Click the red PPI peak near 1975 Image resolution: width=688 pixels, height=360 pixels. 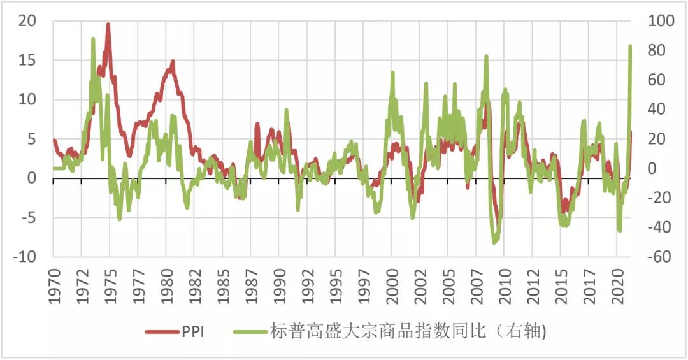108,24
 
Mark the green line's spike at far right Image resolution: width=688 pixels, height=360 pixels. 630,46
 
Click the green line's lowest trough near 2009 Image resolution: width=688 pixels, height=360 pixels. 494,242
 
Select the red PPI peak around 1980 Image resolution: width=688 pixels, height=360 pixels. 172,62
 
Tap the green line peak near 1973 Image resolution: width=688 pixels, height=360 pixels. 93,39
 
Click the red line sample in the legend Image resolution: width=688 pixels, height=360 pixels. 162,331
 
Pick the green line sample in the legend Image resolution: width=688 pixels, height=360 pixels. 251,331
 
